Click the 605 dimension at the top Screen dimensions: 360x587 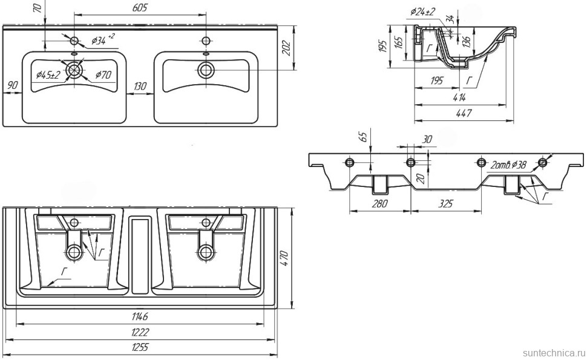click(x=139, y=7)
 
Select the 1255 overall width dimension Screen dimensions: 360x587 click(x=140, y=347)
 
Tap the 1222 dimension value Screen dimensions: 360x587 click(x=140, y=332)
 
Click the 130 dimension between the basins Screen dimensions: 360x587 click(x=140, y=87)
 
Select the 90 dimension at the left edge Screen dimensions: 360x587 click(x=12, y=85)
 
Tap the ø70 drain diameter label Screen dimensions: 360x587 click(x=103, y=76)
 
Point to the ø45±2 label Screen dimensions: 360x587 click(x=47, y=75)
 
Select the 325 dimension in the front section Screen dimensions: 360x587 click(x=445, y=204)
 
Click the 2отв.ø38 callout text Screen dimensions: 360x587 click(x=510, y=165)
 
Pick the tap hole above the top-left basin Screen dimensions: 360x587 click(x=74, y=41)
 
